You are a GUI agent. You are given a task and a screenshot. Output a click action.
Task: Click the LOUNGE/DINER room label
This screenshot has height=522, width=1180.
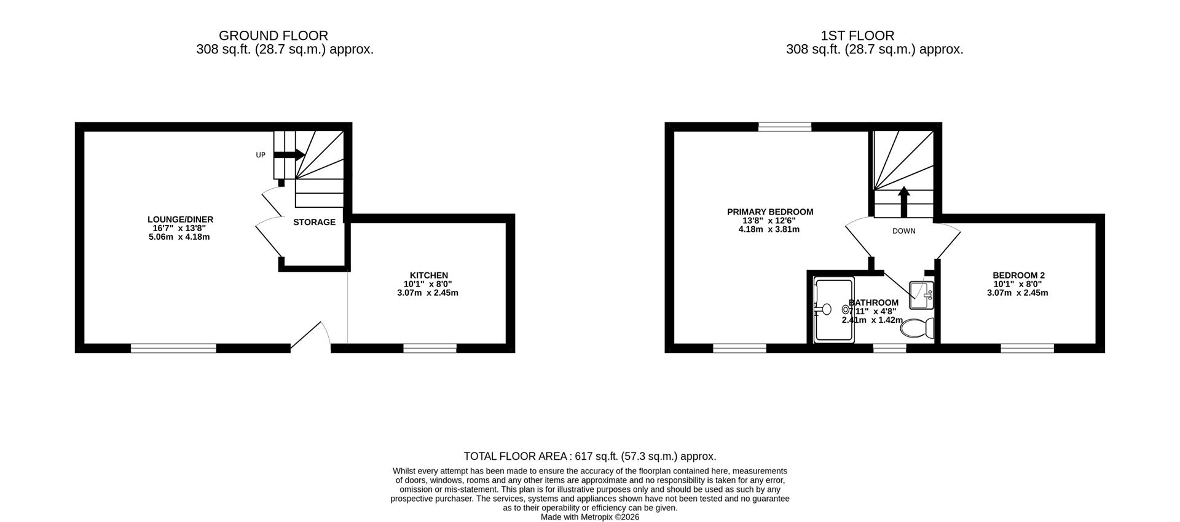[180, 219]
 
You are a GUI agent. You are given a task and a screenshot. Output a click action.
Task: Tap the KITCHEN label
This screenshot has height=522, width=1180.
[428, 275]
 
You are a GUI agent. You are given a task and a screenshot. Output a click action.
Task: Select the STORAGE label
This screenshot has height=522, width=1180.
[314, 222]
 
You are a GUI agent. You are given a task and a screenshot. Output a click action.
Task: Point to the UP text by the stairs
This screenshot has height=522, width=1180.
[261, 155]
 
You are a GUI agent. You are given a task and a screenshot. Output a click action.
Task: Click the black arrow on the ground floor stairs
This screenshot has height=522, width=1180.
[289, 155]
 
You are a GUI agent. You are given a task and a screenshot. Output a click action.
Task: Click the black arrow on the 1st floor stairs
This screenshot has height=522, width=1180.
[903, 202]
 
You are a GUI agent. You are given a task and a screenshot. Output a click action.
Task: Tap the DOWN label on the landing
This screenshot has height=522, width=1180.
[903, 231]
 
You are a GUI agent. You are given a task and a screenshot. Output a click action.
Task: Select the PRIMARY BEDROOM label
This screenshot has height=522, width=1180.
[770, 212]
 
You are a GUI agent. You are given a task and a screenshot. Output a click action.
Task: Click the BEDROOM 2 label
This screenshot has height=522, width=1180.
[1018, 275]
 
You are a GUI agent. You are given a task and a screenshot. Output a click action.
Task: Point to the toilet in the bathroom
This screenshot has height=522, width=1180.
[916, 329]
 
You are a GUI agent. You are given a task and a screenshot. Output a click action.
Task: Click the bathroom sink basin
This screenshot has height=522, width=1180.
[921, 295]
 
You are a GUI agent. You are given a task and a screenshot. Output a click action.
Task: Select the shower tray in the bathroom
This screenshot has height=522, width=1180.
[834, 310]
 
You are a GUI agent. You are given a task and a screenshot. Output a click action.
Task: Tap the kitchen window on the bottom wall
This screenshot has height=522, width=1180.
[430, 349]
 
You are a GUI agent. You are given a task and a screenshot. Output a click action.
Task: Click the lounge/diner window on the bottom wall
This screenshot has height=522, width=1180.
[173, 349]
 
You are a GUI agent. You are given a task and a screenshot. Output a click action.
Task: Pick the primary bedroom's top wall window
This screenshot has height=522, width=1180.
[785, 127]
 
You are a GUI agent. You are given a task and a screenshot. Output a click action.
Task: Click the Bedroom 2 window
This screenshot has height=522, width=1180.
[1027, 349]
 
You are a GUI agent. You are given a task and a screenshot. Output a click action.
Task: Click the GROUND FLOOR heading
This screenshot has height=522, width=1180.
[273, 36]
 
